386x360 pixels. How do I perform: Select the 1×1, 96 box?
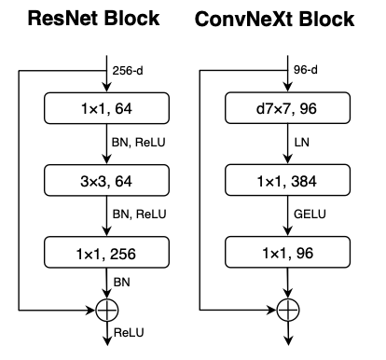[x=284, y=251]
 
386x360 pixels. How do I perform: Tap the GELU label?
[x=305, y=216]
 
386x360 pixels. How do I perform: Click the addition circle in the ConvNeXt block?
[x=284, y=308]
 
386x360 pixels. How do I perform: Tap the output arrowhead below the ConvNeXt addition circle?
[x=284, y=343]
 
